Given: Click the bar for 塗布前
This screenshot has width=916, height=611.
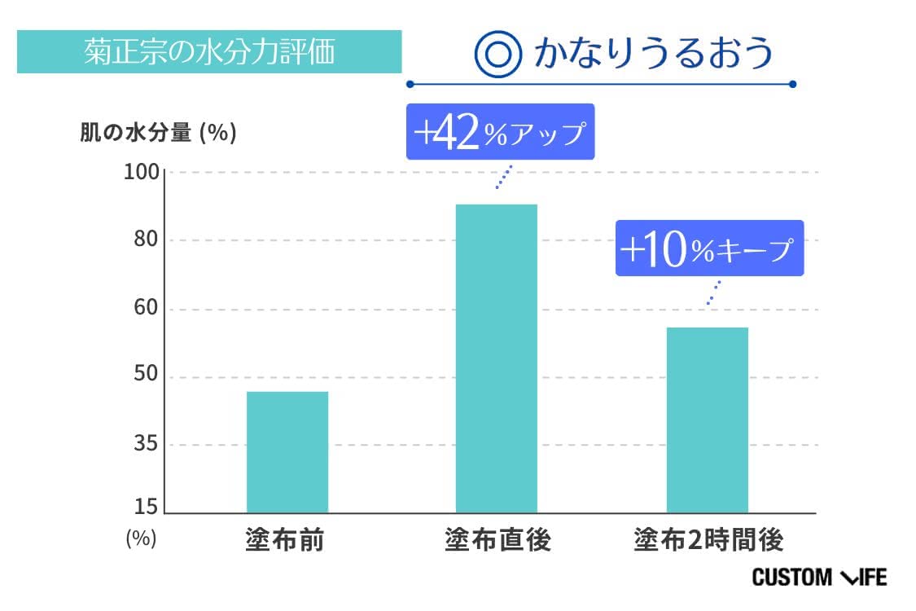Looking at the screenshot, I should click(x=287, y=452).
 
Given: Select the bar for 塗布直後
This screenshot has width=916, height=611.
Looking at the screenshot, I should click(x=496, y=358).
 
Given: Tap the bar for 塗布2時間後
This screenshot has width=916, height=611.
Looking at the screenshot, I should click(x=707, y=420).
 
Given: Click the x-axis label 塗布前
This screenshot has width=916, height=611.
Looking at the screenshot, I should click(x=284, y=540).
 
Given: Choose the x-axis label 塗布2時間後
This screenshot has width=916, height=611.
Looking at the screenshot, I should click(x=708, y=540).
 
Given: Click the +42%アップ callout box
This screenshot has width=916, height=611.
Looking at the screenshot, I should click(x=500, y=133).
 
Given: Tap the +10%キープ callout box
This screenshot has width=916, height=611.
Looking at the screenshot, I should click(x=708, y=248).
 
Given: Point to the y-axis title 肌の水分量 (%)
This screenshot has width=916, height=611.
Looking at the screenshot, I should click(x=158, y=133).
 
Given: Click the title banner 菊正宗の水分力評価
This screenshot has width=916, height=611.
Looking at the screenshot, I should click(x=209, y=52).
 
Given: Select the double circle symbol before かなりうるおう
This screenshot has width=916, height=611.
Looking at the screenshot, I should click(x=497, y=54).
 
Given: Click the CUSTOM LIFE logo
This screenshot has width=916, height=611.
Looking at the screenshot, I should click(x=819, y=578).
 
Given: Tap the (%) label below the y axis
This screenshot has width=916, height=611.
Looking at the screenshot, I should click(x=141, y=538).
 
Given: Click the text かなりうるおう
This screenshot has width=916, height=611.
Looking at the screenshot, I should click(x=652, y=53).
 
